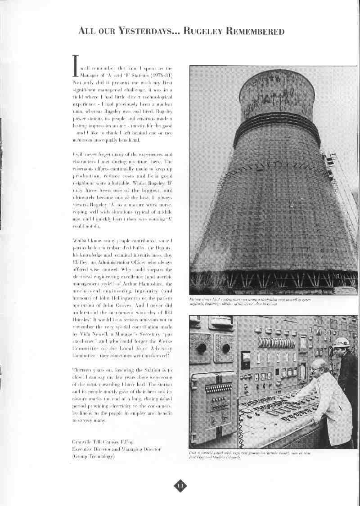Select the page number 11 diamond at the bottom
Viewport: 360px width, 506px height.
coord(180,485)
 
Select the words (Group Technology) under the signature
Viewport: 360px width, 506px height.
coord(93,457)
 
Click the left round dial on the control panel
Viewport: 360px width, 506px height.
coord(201,347)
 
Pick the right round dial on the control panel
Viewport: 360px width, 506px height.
coord(225,348)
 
